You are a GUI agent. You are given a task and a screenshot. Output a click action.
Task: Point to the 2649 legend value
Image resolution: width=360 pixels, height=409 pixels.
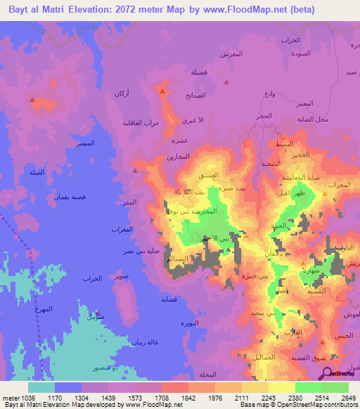click(x=349, y=397)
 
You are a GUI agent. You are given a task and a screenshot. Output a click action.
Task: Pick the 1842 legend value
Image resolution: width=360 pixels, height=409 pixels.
click(x=188, y=397)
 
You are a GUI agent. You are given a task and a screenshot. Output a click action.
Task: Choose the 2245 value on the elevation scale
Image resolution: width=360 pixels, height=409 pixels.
click(x=269, y=397)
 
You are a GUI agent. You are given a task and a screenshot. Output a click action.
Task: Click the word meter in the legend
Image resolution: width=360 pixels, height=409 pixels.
click(x=11, y=397)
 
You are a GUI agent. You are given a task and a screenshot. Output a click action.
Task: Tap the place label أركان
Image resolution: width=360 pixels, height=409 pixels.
click(x=122, y=93)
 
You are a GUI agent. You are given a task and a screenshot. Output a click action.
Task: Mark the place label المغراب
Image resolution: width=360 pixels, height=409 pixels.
click(x=122, y=229)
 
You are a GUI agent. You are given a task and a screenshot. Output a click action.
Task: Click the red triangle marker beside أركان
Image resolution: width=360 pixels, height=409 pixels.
click(x=163, y=91)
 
